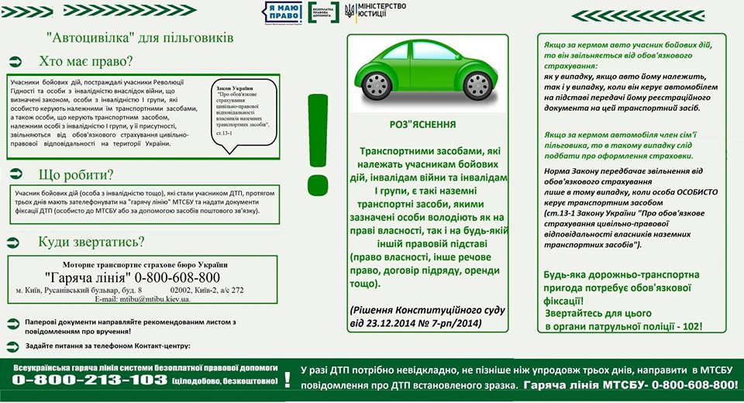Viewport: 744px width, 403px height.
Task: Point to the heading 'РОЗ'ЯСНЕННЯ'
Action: click(x=422, y=124)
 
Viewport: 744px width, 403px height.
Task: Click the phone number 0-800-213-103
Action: click(x=90, y=381)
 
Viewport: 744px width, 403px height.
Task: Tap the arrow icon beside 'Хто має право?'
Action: click(x=16, y=61)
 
